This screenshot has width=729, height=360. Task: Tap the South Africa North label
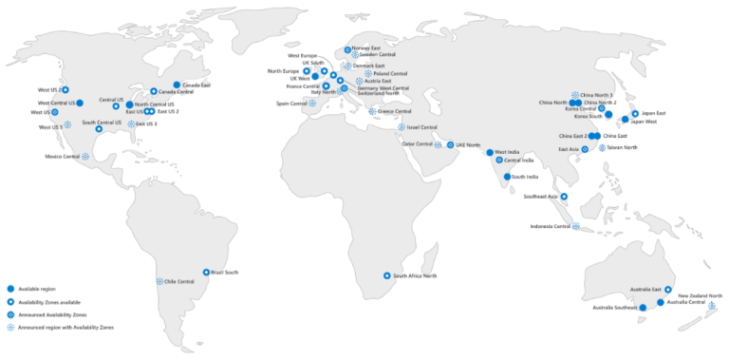(415, 275)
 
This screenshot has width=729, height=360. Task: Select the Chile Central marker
(159, 281)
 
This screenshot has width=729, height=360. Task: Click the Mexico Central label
(62, 156)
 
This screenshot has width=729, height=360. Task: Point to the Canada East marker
(177, 85)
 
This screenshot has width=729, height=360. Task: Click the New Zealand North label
(701, 296)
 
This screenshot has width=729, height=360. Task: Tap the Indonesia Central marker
(576, 226)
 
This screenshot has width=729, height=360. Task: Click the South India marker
(506, 177)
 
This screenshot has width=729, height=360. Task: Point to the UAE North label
(468, 144)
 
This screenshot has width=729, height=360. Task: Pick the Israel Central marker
(402, 127)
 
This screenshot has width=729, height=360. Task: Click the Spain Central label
(291, 103)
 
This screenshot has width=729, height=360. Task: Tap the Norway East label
(365, 47)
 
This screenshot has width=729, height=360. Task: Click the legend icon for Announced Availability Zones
(10, 313)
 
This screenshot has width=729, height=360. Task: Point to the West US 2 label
(49, 89)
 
